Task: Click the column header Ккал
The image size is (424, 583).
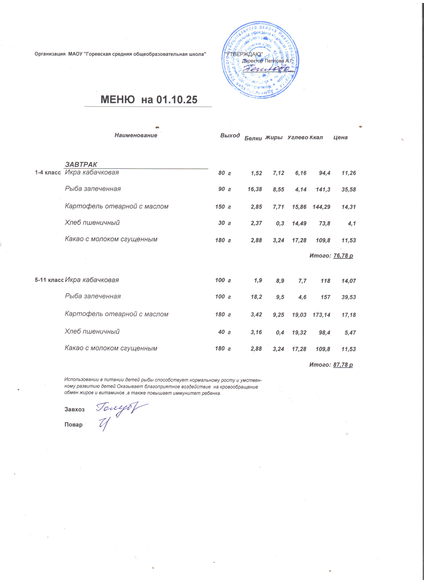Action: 316,138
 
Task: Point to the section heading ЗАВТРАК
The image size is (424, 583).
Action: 81,165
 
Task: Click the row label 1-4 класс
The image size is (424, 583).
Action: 48,173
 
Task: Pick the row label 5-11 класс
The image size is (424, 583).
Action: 49,280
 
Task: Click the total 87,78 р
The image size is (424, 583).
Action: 343,364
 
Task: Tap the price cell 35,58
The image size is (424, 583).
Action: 349,190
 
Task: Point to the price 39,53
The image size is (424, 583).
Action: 349,297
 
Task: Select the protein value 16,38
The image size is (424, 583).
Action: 255,190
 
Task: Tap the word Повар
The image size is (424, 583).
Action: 73,425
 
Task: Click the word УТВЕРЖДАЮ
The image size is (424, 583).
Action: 243,55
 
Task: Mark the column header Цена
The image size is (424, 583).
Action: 340,138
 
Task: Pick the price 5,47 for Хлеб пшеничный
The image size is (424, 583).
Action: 350,333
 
